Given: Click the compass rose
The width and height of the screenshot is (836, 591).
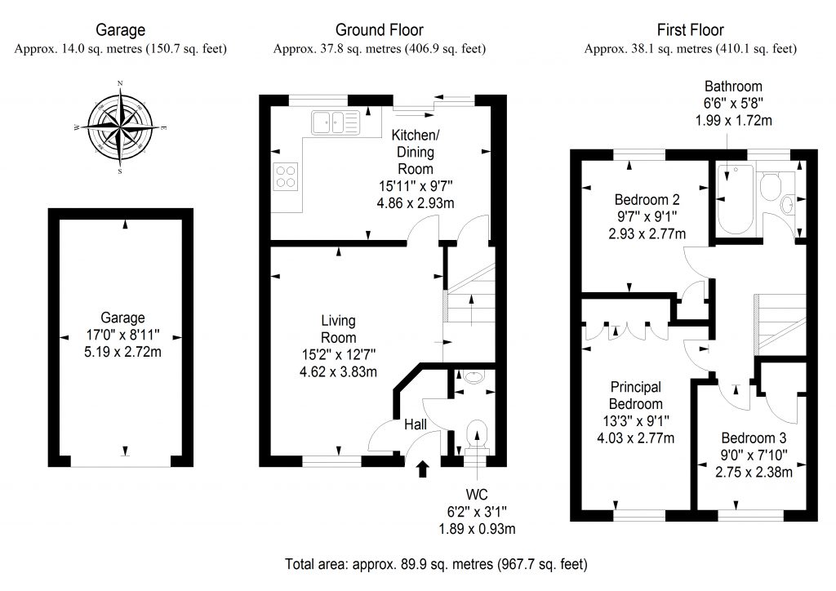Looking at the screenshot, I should click(x=121, y=128).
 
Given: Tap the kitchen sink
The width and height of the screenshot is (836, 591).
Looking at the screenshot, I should click(x=335, y=124).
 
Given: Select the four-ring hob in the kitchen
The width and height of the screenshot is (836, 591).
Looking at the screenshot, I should click(x=287, y=176).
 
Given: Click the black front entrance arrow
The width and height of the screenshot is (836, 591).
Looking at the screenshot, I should click(x=423, y=469).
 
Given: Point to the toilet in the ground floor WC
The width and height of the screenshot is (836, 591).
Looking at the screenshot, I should click(x=475, y=435).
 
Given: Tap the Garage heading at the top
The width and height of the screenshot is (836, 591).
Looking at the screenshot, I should click(x=121, y=30).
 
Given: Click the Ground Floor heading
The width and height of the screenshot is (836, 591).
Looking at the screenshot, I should click(x=380, y=30).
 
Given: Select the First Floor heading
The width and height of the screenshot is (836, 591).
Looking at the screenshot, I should click(x=690, y=30).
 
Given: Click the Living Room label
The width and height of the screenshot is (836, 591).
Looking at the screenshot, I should click(x=338, y=330).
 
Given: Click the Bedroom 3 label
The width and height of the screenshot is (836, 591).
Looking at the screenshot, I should click(x=752, y=436).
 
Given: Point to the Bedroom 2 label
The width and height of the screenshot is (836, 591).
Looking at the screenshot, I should click(x=647, y=198).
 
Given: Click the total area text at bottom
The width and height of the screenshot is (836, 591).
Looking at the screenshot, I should click(x=436, y=564).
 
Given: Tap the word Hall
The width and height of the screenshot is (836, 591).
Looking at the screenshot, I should click(x=416, y=424).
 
